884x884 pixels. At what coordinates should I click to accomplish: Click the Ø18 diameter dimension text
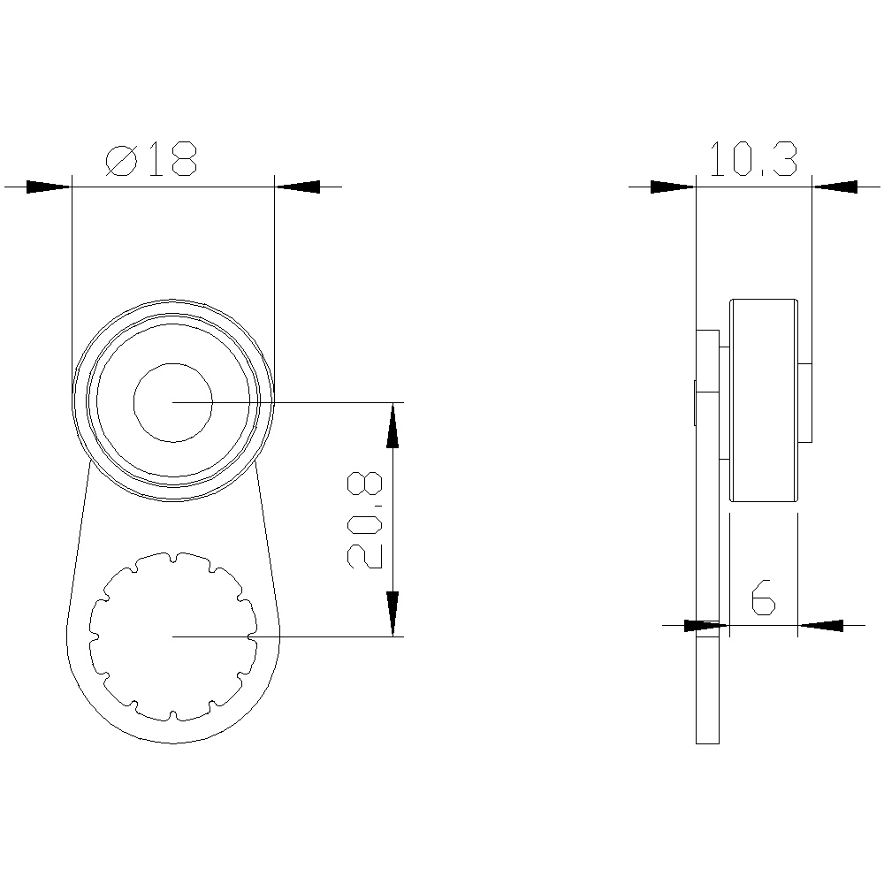pyautogui.click(x=150, y=160)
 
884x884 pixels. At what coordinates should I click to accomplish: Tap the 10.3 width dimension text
pyautogui.click(x=753, y=160)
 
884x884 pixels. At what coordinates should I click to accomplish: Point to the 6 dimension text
pyautogui.click(x=763, y=598)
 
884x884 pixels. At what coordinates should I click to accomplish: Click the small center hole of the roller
pyautogui.click(x=172, y=402)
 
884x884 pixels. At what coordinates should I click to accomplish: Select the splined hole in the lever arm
pyautogui.click(x=172, y=636)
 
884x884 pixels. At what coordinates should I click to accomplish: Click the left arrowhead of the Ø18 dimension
pyautogui.click(x=49, y=187)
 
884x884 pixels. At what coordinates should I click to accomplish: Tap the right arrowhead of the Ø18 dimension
pyautogui.click(x=297, y=187)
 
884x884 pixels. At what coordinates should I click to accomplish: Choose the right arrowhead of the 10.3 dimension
pyautogui.click(x=834, y=187)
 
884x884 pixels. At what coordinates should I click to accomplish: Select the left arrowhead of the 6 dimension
pyautogui.click(x=707, y=626)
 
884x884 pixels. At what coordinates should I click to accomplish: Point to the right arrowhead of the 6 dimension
pyautogui.click(x=819, y=626)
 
